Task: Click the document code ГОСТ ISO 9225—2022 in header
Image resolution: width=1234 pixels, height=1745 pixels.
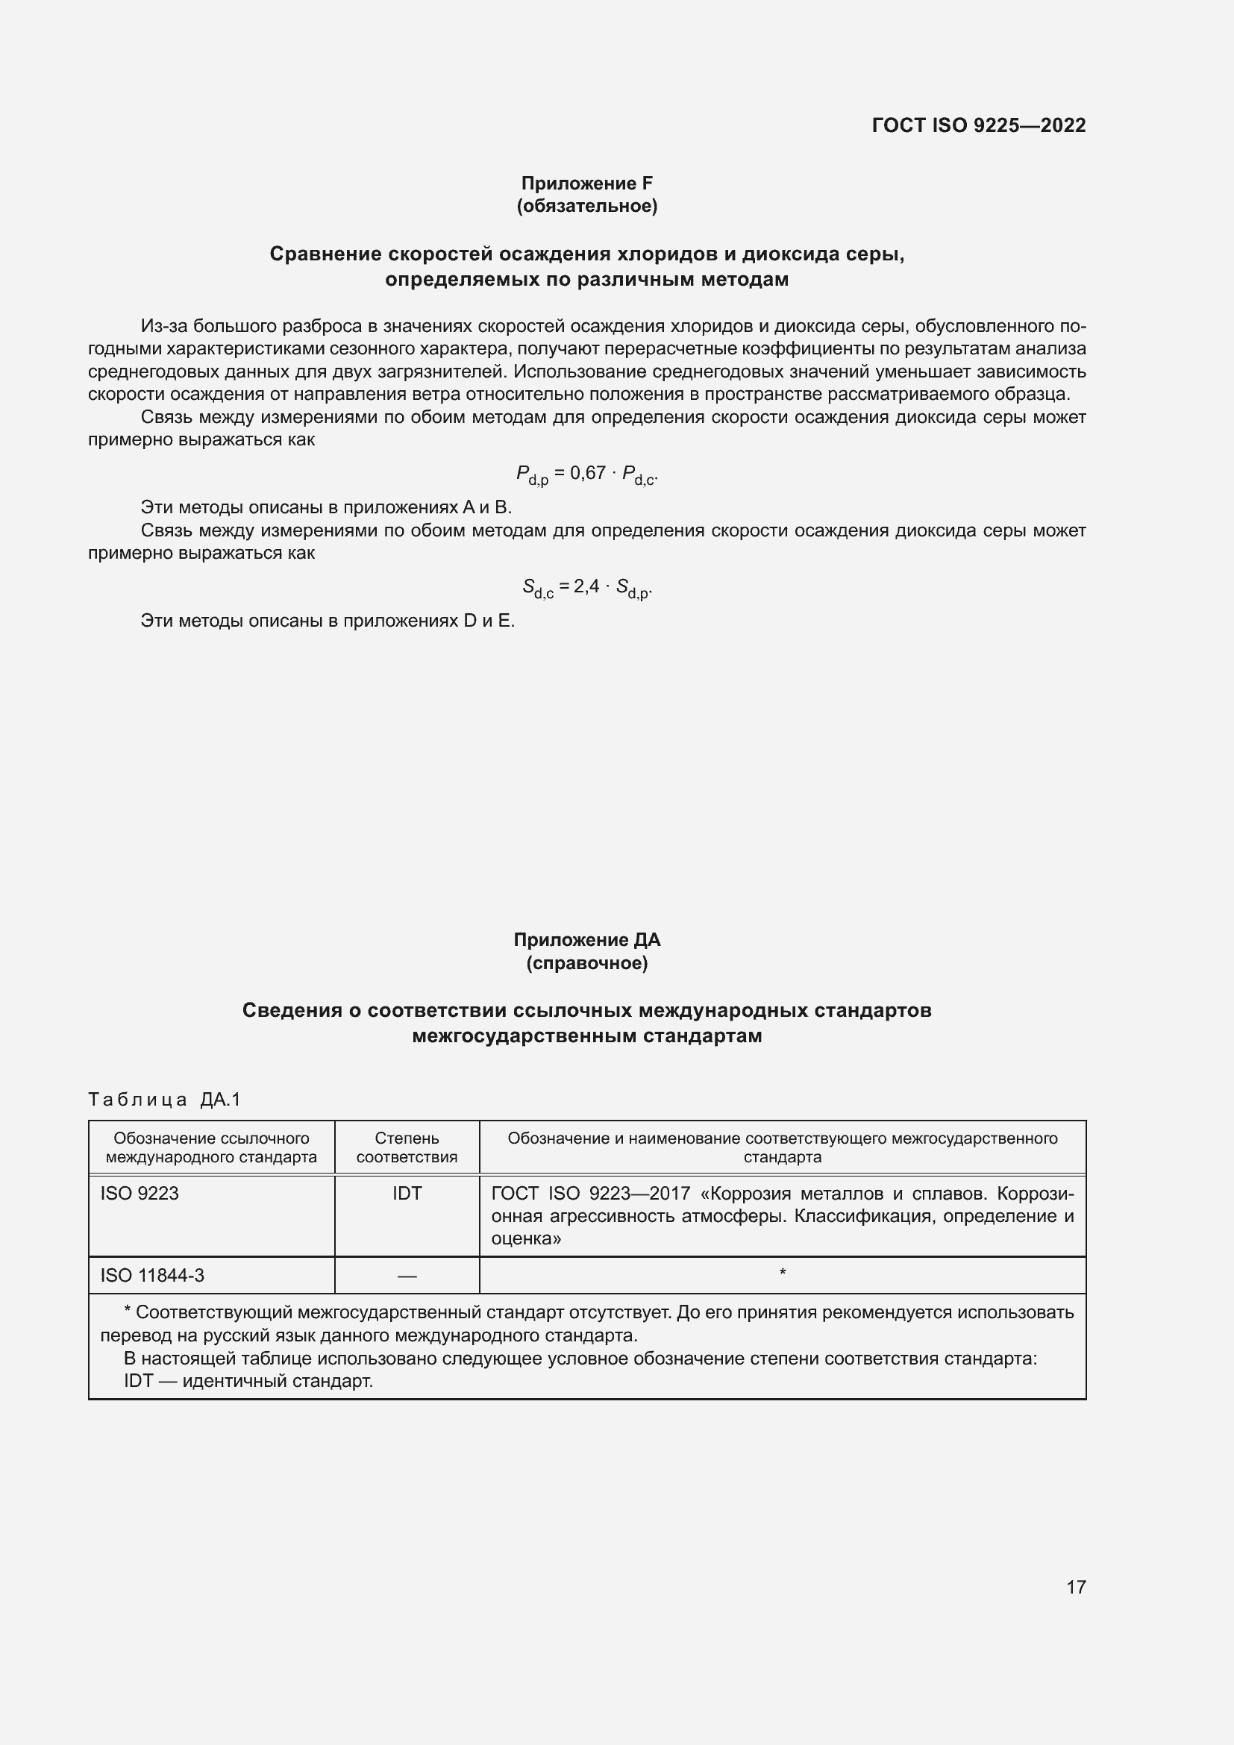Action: [x=979, y=125]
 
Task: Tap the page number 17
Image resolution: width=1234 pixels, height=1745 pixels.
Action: [x=1076, y=1587]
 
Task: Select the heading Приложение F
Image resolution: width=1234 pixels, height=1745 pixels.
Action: [x=586, y=184]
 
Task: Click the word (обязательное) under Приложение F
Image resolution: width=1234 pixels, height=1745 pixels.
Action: [x=586, y=206]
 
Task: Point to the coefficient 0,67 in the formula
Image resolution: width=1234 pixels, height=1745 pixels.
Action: [x=587, y=473]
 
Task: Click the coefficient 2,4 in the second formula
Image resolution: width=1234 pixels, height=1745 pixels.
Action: [x=586, y=586]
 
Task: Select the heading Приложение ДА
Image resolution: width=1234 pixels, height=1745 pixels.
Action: [x=586, y=940]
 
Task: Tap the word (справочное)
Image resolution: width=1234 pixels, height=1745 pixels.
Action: [x=586, y=963]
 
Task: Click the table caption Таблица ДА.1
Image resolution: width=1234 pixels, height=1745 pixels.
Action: [x=164, y=1099]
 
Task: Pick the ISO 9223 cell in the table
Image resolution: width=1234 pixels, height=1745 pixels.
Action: [x=140, y=1193]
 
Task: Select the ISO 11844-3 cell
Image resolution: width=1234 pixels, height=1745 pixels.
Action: [x=152, y=1275]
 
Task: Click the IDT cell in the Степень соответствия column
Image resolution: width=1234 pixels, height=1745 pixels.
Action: [x=407, y=1193]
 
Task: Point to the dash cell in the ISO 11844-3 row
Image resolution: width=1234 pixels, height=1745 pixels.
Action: [x=407, y=1276]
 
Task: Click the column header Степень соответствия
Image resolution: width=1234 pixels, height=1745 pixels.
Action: [x=407, y=1147]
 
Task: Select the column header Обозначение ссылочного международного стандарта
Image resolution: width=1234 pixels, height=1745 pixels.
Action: [x=211, y=1147]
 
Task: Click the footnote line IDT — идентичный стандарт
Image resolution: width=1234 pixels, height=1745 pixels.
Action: [x=248, y=1381]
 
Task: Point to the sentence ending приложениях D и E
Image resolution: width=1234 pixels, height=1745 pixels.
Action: [x=328, y=621]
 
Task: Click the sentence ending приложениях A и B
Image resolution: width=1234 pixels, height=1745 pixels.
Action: [x=326, y=507]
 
